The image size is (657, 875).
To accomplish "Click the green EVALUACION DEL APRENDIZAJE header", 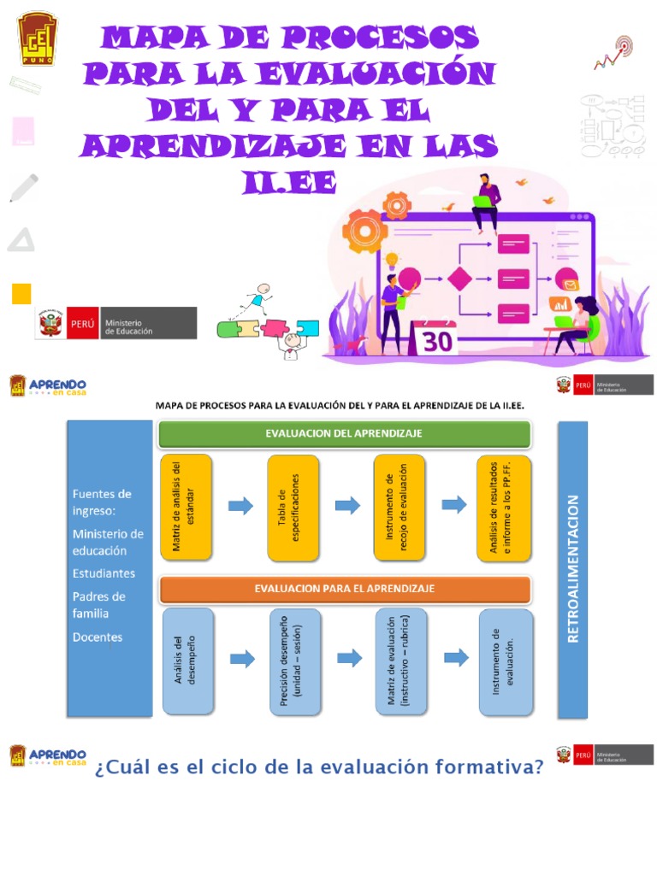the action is point(344,433).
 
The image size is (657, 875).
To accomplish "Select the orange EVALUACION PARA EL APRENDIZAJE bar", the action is point(344,589).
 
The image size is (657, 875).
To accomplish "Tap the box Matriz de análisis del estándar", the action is point(185,507).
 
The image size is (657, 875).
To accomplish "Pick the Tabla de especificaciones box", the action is point(293,507).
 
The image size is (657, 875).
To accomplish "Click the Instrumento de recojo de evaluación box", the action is point(399,507).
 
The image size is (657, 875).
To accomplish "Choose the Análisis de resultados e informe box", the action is point(504,507).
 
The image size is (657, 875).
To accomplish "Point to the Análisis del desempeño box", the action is point(188,661).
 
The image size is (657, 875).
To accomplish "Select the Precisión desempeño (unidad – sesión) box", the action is point(294,661).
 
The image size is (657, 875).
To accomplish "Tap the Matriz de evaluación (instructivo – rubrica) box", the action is point(400,661).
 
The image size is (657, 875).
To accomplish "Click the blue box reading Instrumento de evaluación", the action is point(505,661).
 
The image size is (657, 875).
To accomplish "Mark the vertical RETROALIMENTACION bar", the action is point(572,568).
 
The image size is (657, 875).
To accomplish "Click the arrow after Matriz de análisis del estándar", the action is point(241,506).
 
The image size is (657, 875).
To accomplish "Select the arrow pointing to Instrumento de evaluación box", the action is point(456,657).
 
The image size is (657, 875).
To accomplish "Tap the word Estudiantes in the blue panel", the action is point(104,573).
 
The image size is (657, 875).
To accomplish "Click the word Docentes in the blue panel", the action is point(98,637).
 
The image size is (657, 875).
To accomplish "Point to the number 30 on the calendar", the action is point(436,340).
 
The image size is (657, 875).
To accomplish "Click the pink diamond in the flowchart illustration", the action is point(460,279).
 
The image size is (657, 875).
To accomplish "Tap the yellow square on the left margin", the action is point(21,294).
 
